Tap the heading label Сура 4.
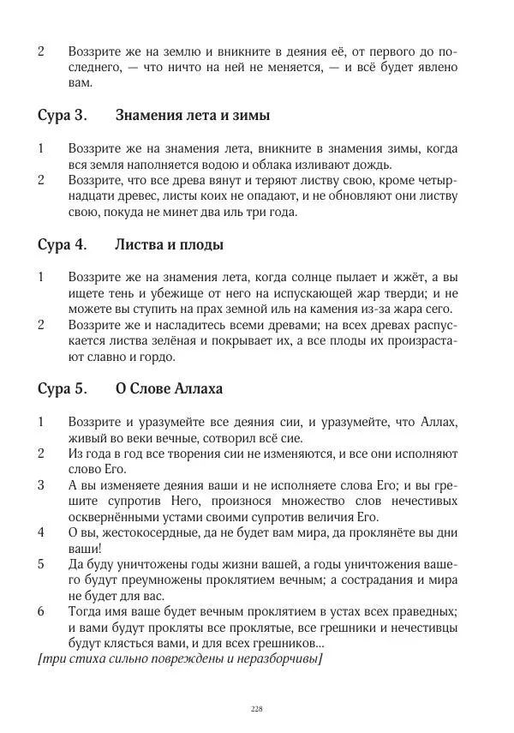point(62,245)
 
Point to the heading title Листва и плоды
point(169,245)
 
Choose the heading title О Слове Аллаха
point(169,389)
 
